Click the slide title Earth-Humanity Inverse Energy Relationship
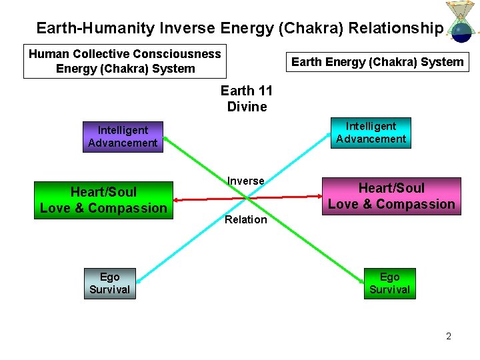pos(239,28)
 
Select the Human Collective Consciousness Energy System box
pos(125,61)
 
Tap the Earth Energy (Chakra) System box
pos(377,62)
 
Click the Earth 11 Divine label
pos(247,99)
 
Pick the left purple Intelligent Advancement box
pos(123,137)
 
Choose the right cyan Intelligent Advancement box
pos(371,133)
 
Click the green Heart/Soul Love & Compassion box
pos(103,200)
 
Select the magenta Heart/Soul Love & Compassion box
pos(391,196)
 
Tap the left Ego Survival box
pos(109,283)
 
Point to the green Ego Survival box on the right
pos(389,283)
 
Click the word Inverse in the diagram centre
pos(245,181)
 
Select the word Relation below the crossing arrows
pos(245,220)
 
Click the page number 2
pos(449,336)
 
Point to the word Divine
pos(247,107)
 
